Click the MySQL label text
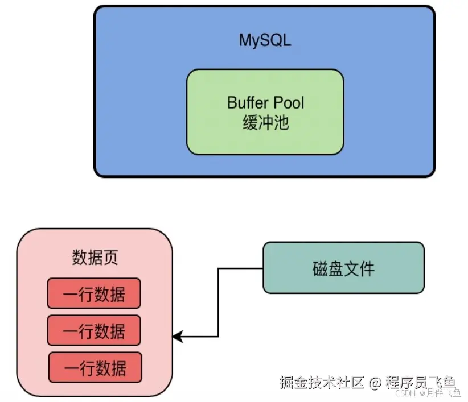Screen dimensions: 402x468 click(265, 41)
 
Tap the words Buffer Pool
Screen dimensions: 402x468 click(265, 102)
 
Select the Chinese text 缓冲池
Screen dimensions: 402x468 click(265, 122)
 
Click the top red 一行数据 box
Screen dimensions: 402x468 click(93, 293)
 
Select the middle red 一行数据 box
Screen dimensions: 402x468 click(93, 330)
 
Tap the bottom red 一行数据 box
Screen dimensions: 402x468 click(95, 367)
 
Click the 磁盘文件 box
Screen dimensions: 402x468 click(343, 268)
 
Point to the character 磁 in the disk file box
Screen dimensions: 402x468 click(320, 268)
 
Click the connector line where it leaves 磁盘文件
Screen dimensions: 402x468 click(259, 268)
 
